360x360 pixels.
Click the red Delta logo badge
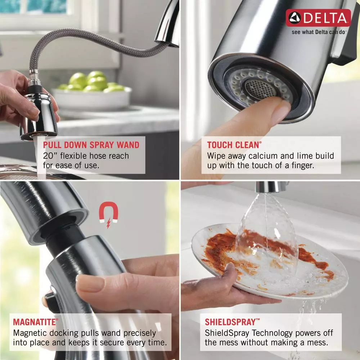pyautogui.click(x=318, y=18)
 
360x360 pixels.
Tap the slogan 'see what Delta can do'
pyautogui.click(x=319, y=32)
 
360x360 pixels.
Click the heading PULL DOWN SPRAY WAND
pyautogui.click(x=91, y=145)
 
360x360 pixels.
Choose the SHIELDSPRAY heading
pyautogui.click(x=233, y=322)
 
